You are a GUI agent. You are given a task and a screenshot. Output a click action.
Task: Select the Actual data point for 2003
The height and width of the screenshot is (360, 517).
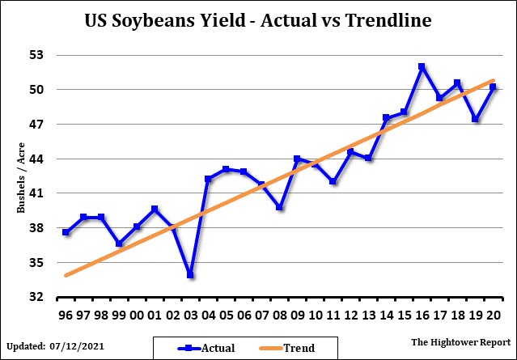click(x=190, y=275)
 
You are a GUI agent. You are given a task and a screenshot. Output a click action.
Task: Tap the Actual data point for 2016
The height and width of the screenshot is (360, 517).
click(x=422, y=67)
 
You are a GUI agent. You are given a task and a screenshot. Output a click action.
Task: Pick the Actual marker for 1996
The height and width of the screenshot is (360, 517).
click(x=66, y=232)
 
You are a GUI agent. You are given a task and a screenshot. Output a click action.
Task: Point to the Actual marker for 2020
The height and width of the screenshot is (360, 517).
click(x=493, y=87)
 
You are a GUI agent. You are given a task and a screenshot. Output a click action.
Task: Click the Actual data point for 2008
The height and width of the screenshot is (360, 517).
click(x=279, y=207)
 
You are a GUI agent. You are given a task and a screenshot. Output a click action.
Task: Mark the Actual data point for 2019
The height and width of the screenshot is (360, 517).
click(x=475, y=119)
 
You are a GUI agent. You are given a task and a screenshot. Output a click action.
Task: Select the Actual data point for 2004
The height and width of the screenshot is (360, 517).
click(x=208, y=179)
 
